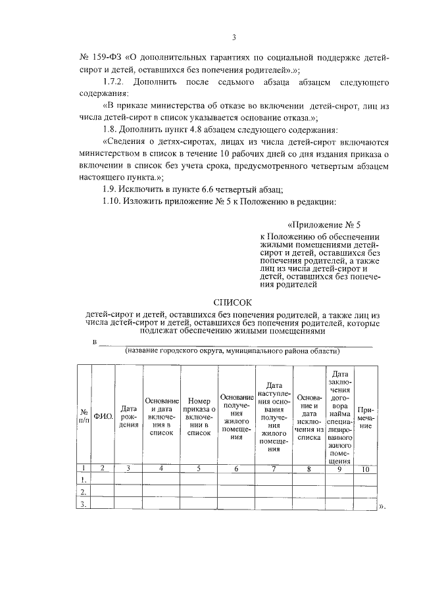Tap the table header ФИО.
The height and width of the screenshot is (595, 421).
point(103,416)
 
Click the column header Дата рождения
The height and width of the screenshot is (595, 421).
point(129,416)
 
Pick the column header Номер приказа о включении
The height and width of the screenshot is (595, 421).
point(198,416)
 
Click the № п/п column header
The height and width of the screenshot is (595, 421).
point(84,416)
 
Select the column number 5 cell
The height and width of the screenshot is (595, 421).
point(198,469)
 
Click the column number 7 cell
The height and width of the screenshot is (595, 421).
point(274,469)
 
